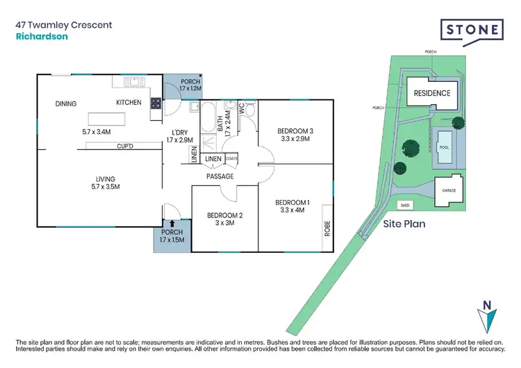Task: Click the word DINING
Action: [66, 104]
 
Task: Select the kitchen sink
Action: [133, 82]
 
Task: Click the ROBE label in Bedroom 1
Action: [326, 228]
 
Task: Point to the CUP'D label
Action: [126, 146]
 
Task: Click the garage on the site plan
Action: [449, 189]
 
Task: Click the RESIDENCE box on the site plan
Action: [432, 93]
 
